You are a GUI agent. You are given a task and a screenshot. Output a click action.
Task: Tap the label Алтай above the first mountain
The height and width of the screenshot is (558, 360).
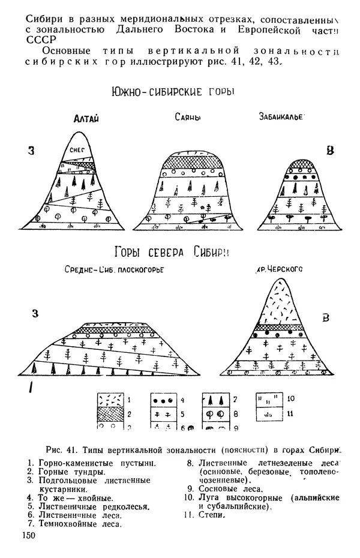tap(86, 119)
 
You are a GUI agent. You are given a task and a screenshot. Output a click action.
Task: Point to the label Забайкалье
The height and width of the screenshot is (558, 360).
tap(281, 117)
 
